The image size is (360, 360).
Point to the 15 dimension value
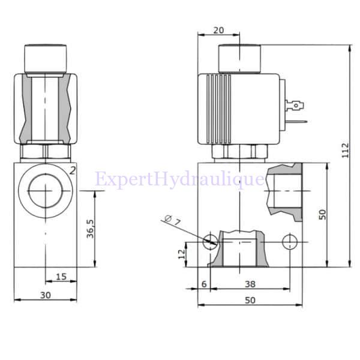61,275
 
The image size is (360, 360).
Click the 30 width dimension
45,295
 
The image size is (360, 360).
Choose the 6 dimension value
204,284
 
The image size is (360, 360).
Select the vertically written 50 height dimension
323,214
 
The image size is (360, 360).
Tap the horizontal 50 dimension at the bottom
250,300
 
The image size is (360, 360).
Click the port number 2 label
72,170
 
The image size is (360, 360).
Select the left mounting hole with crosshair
211,242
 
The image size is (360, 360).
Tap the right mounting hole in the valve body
290,242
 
